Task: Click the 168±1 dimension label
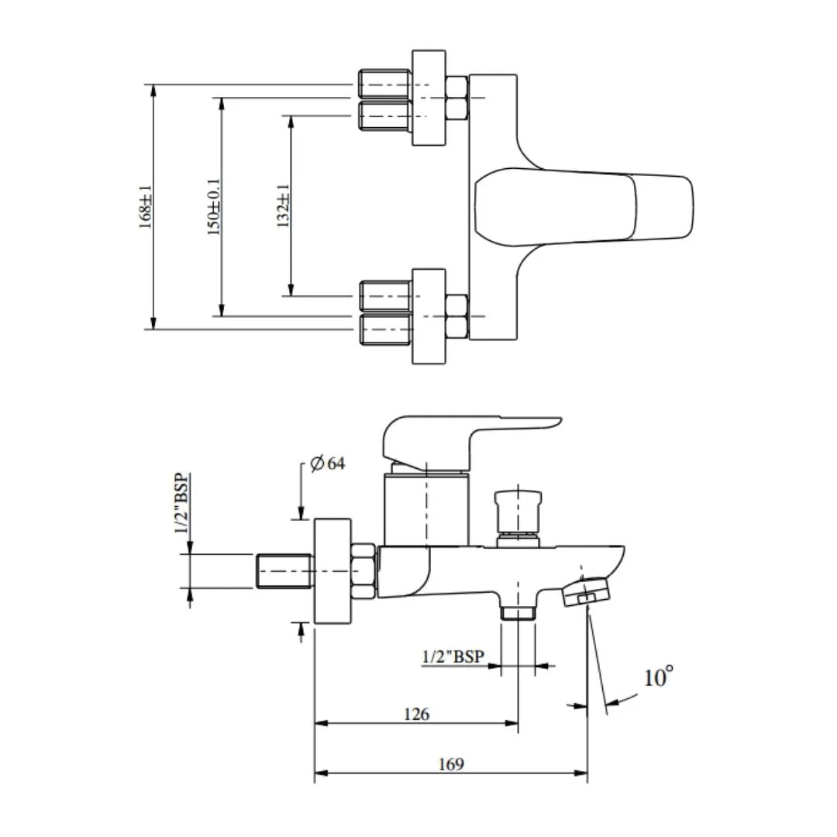pyautogui.click(x=146, y=207)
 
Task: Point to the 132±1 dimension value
pyautogui.click(x=284, y=207)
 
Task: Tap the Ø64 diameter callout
pyautogui.click(x=327, y=464)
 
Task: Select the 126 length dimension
pyautogui.click(x=416, y=714)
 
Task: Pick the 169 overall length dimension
pyautogui.click(x=451, y=764)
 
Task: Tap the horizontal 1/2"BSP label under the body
pyautogui.click(x=453, y=656)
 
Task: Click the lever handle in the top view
pyautogui.click(x=581, y=207)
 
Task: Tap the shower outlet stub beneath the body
pyautogui.click(x=518, y=612)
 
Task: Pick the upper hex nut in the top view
pyautogui.click(x=456, y=98)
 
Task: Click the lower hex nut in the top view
pyautogui.click(x=456, y=316)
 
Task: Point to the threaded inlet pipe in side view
pyautogui.click(x=283, y=571)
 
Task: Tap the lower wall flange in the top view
pyautogui.click(x=429, y=316)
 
